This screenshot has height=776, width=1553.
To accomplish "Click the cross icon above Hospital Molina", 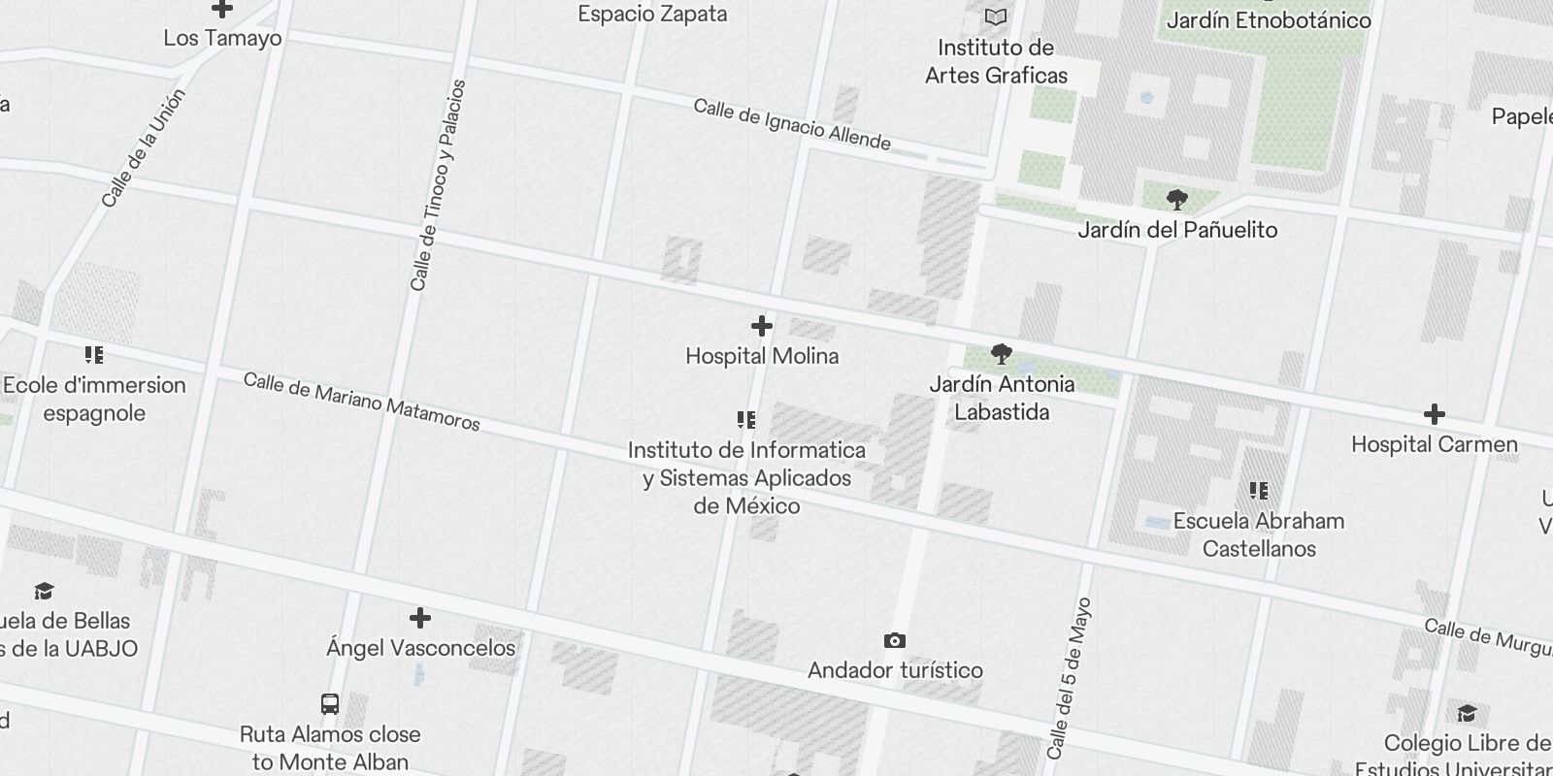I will click(762, 326).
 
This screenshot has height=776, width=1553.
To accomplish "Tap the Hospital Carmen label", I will click(1434, 444).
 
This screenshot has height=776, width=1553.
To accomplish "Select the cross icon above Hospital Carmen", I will click(1434, 414).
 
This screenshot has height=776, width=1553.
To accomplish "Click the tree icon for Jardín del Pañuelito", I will click(1177, 201).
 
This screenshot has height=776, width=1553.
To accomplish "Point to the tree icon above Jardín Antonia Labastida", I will click(1002, 354).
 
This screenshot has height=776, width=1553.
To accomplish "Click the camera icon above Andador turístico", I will click(895, 640).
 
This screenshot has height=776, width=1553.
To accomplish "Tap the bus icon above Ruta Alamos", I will click(330, 704).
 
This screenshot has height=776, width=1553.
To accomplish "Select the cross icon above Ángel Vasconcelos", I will click(420, 618).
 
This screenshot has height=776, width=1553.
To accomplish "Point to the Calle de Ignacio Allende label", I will click(791, 125).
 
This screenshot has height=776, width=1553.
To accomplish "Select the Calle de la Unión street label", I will click(143, 148).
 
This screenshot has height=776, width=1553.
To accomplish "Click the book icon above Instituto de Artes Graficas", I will click(996, 16).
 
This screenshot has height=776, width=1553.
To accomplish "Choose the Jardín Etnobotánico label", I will click(1268, 19).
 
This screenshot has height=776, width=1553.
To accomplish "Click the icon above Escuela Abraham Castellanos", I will click(1259, 491).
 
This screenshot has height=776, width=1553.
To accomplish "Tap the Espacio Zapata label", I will click(652, 14).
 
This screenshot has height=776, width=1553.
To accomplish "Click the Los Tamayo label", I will click(222, 38).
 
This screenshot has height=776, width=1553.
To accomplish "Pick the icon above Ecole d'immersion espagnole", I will click(94, 355).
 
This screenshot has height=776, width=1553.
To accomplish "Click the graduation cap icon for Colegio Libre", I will click(1467, 714).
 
